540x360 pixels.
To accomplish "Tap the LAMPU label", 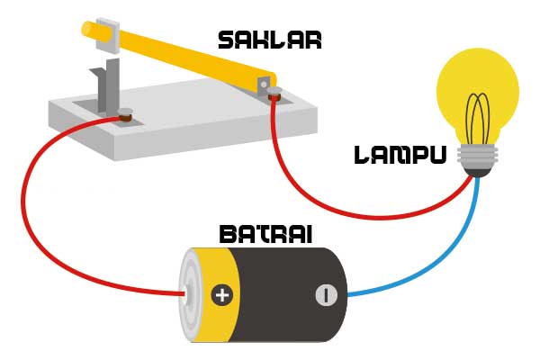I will (400, 156).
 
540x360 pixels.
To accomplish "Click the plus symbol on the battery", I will (221, 294).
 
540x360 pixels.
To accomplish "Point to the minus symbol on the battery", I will (326, 294).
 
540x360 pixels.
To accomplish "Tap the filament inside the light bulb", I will (477, 117).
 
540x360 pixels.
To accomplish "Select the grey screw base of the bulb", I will (477, 159).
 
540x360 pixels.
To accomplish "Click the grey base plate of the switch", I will (180, 126).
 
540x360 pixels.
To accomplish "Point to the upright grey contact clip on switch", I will (106, 85).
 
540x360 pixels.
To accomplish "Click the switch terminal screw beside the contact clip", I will (127, 115).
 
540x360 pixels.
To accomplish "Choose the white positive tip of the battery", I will (185, 294).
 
